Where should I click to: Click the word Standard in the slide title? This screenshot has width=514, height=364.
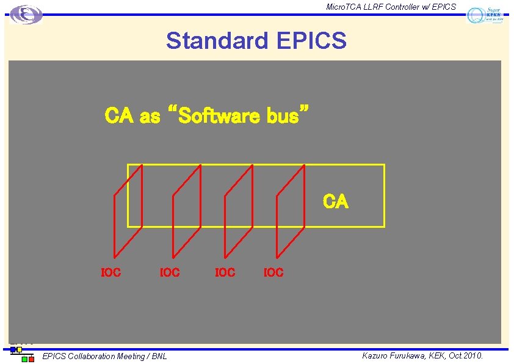pos(217,41)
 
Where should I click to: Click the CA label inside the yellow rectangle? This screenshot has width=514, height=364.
pos(336,202)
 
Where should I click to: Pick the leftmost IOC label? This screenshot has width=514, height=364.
pos(110,272)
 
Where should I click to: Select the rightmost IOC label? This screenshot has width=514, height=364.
pos(273,272)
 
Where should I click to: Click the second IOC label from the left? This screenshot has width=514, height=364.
pos(170,272)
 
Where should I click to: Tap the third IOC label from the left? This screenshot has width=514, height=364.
pos(225,272)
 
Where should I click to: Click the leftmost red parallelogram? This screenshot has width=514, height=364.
pos(128,211)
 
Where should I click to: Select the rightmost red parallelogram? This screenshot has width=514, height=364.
pos(291,211)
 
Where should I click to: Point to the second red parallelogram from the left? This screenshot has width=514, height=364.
pos(187,211)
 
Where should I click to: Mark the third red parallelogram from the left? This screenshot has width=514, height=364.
pos(239,211)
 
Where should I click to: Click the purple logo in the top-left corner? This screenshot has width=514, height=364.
pos(26,14)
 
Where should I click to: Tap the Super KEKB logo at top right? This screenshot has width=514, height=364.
pos(486,15)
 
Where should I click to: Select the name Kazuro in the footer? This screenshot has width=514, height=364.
pos(377,355)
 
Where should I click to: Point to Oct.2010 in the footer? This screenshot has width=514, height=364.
pos(466,355)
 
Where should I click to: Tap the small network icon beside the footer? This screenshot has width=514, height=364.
pos(22,354)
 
